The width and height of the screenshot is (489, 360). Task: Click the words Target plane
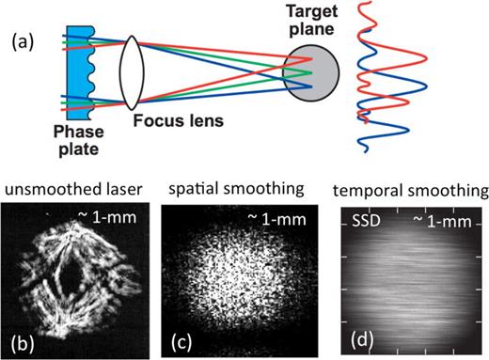pos(307,20)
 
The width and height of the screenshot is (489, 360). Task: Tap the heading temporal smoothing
pos(413,193)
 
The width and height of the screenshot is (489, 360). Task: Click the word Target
pos(307,10)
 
